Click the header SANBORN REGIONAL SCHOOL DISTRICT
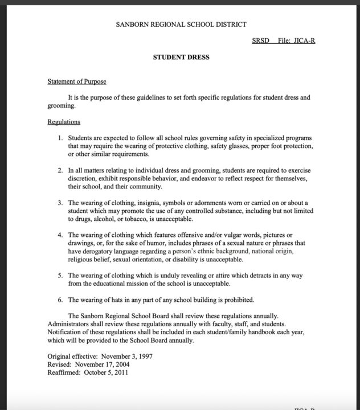coord(181,24)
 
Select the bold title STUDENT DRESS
coord(181,58)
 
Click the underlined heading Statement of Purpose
coord(77,82)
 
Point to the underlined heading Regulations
coord(64,122)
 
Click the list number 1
coord(60,138)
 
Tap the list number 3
coord(60,203)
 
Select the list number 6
coord(60,300)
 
